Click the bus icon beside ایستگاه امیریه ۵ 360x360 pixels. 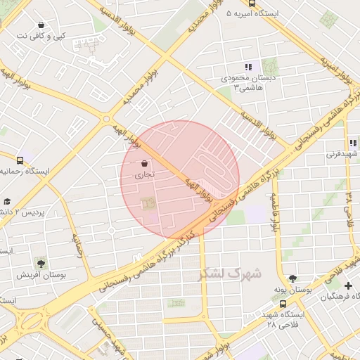point(229,13)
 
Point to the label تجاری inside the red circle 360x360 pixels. point(144,173)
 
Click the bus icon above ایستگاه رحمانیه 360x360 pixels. point(19,160)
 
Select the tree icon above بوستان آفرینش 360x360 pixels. point(41,264)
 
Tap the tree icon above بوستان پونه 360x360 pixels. point(292,278)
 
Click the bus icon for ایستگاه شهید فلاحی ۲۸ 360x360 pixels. point(283,304)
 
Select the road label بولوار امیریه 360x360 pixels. point(336,67)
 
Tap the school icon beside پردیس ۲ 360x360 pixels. point(6,200)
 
